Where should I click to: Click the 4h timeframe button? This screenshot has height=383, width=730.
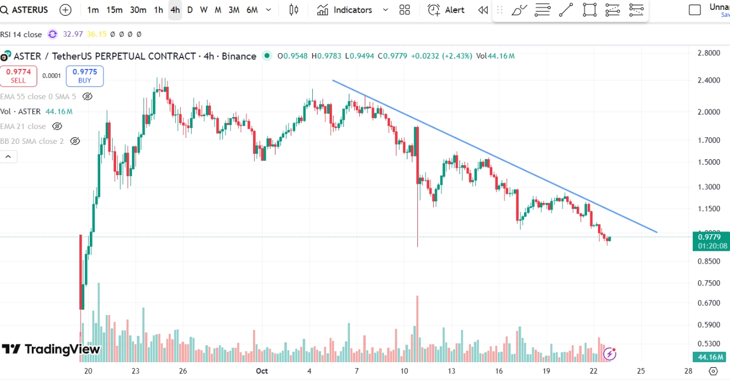[175, 10]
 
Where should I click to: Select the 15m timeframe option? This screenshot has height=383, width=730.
[114, 10]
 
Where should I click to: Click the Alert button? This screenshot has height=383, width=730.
[446, 10]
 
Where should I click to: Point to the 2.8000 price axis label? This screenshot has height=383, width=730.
[709, 53]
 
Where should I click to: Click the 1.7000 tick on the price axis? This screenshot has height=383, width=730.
[709, 140]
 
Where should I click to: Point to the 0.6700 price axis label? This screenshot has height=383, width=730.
[709, 303]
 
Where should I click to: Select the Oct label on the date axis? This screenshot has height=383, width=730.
[262, 370]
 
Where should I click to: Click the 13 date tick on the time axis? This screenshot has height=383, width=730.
[451, 370]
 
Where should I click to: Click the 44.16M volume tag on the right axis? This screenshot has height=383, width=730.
[710, 357]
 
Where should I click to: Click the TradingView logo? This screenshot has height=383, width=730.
[51, 349]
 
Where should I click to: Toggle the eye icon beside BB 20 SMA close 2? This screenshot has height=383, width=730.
[75, 141]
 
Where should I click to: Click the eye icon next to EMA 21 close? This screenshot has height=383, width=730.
[57, 126]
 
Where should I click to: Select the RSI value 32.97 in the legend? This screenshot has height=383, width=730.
[73, 34]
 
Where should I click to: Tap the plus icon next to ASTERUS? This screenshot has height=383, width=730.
[65, 10]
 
